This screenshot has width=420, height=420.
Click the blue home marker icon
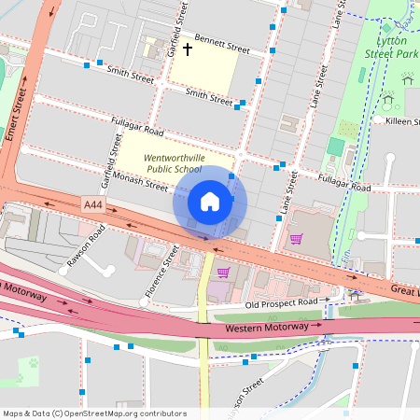click(x=210, y=202)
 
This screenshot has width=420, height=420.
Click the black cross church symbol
click(x=187, y=49)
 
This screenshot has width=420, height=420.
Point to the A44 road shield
click(x=92, y=203)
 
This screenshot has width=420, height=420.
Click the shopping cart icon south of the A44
click(x=223, y=273)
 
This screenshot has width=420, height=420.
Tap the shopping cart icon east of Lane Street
click(x=296, y=238)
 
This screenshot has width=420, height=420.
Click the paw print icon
click(x=33, y=362)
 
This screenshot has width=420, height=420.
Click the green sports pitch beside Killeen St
click(x=335, y=147)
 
